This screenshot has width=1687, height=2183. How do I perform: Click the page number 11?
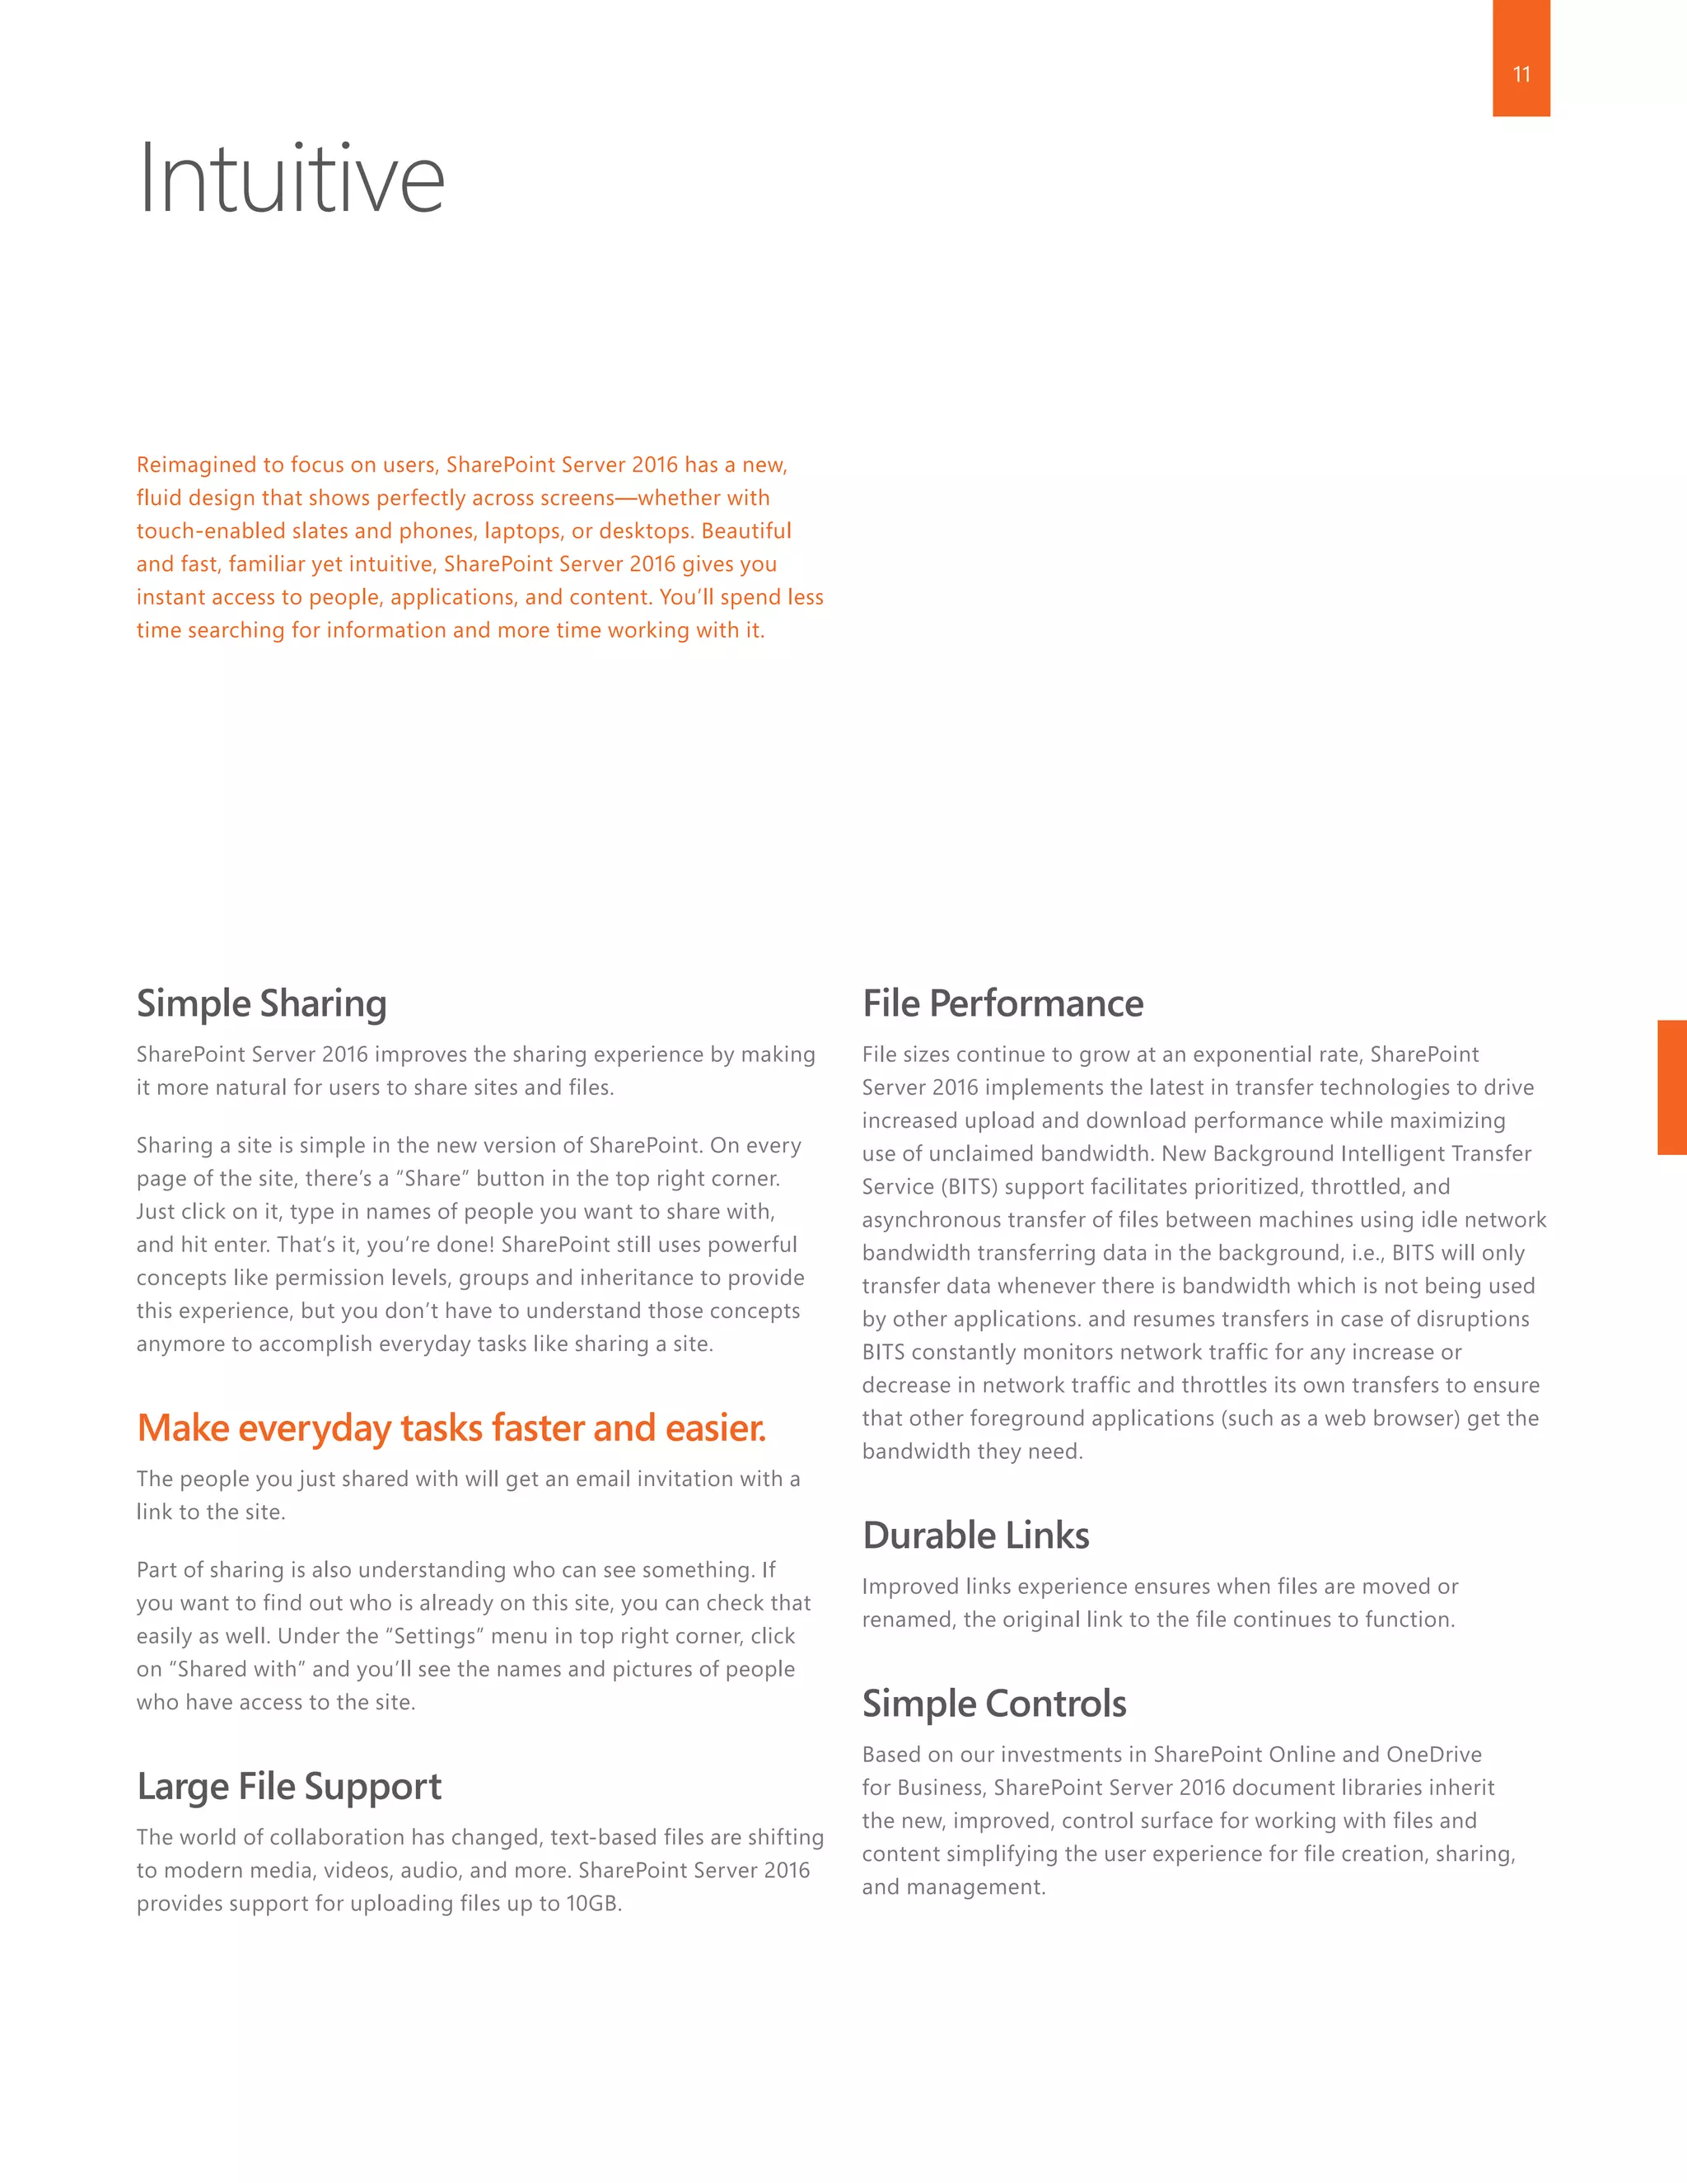tap(1521, 74)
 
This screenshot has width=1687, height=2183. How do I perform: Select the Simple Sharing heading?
tap(262, 1003)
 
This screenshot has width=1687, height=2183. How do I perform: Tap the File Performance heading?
tap(1002, 1003)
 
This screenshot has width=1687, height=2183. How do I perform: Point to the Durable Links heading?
tap(975, 1536)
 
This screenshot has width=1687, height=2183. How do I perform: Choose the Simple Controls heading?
tap(994, 1704)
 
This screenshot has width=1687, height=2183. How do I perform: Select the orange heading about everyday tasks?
tap(451, 1428)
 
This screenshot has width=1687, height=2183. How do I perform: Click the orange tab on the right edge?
tap(1672, 1087)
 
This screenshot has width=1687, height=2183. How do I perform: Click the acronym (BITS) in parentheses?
tap(970, 1186)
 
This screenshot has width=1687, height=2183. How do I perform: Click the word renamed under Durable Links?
tap(906, 1620)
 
